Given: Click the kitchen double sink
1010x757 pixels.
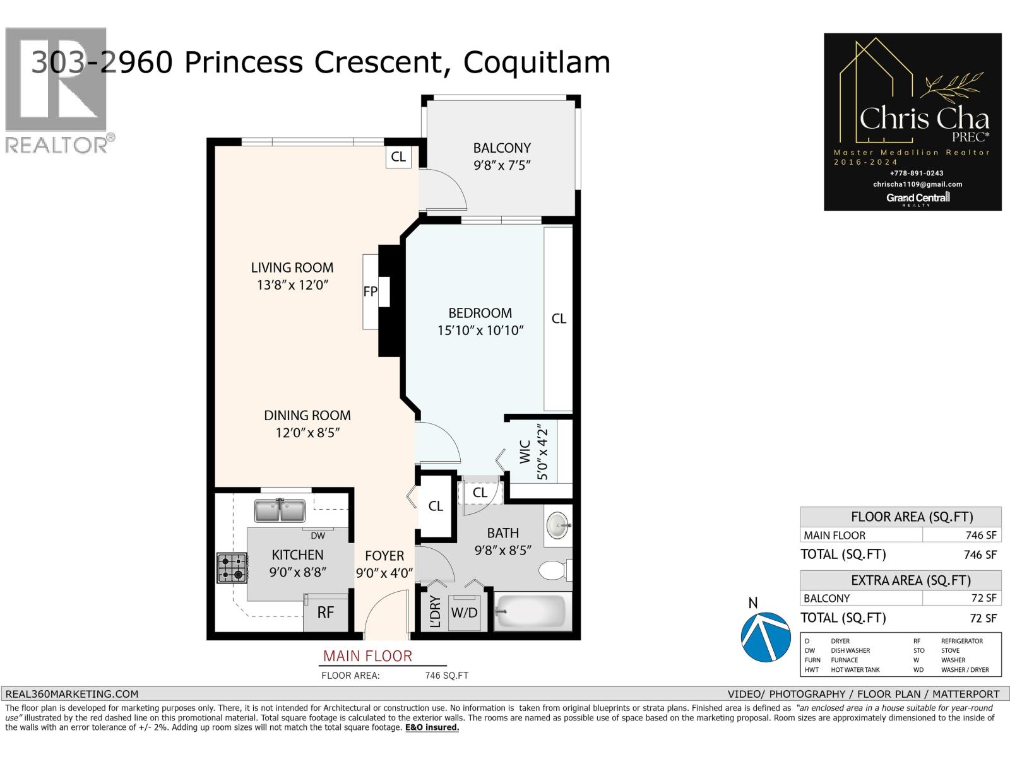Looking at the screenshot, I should pyautogui.click(x=280, y=510).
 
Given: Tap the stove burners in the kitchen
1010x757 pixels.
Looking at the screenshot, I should pyautogui.click(x=232, y=567).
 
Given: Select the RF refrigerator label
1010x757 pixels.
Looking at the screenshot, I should pyautogui.click(x=325, y=613).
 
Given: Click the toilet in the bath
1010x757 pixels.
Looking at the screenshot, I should pyautogui.click(x=554, y=570).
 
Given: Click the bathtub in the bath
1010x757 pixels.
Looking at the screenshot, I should pyautogui.click(x=532, y=611).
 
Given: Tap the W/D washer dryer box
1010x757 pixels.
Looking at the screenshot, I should pyautogui.click(x=464, y=612).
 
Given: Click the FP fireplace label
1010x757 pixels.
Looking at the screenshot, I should pyautogui.click(x=371, y=292).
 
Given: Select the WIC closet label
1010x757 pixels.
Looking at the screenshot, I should pyautogui.click(x=525, y=453).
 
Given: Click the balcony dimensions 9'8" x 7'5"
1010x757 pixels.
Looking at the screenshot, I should pyautogui.click(x=502, y=165).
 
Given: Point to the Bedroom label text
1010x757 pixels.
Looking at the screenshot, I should pyautogui.click(x=480, y=313).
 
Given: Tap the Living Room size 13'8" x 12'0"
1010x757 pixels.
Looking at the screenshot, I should pyautogui.click(x=292, y=285).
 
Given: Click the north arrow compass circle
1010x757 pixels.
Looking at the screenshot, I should pyautogui.click(x=766, y=635).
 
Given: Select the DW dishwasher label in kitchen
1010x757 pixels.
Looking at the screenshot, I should pyautogui.click(x=318, y=536).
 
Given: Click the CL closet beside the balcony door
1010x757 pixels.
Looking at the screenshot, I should pyautogui.click(x=398, y=156).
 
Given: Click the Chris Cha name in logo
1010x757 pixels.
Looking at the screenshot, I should pyautogui.click(x=924, y=119).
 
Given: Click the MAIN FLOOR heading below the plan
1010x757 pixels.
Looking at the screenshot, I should pyautogui.click(x=367, y=656).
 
